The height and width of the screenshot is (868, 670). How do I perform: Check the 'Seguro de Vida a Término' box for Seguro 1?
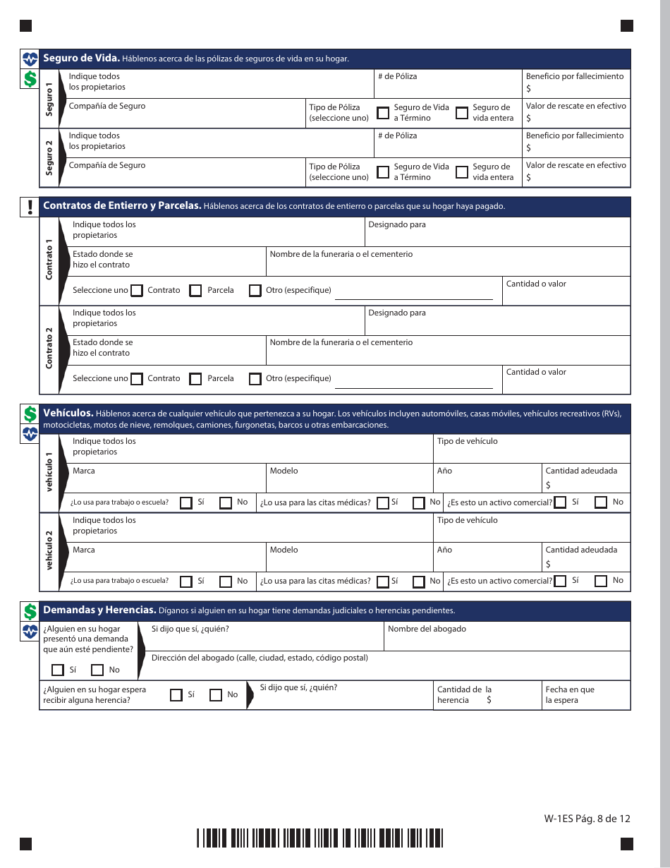pyautogui.click(x=383, y=113)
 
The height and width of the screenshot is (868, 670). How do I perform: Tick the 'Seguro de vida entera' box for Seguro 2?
pyautogui.click(x=462, y=172)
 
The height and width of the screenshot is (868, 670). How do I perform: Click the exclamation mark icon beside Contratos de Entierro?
pyautogui.click(x=30, y=207)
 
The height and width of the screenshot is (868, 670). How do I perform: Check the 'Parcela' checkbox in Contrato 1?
pyautogui.click(x=196, y=291)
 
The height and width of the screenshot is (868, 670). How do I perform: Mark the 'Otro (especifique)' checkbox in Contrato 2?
pyautogui.click(x=255, y=379)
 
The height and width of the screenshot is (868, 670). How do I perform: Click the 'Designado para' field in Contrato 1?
pyautogui.click(x=497, y=236)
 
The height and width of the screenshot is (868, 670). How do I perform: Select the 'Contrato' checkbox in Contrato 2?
pyautogui.click(x=137, y=379)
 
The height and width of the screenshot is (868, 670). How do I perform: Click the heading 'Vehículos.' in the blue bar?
pyautogui.click(x=68, y=413)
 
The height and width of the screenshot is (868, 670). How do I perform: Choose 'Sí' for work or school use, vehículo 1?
pyautogui.click(x=186, y=503)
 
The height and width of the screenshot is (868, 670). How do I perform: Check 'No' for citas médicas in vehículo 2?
pyautogui.click(x=419, y=582)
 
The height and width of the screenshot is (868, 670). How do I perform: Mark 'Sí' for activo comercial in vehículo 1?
pyautogui.click(x=561, y=503)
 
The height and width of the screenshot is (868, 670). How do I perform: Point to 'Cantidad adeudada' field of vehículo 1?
pyautogui.click(x=585, y=484)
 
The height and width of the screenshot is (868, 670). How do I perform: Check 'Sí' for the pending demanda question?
pyautogui.click(x=58, y=670)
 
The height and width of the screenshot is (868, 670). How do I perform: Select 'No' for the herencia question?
pyautogui.click(x=216, y=695)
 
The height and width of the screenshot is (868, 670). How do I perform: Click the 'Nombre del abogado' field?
pyautogui.click(x=506, y=639)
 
